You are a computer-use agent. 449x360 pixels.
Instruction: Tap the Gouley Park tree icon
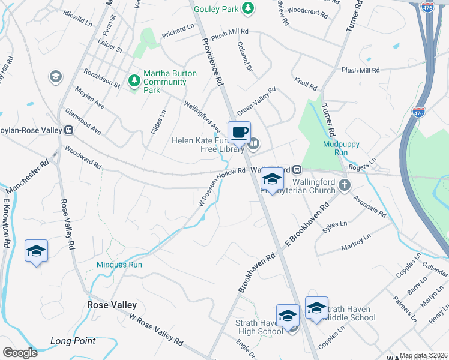coord(247,8)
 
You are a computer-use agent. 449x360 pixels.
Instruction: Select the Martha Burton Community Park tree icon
coord(134,80)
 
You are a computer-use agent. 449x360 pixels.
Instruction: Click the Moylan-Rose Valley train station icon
coord(69,130)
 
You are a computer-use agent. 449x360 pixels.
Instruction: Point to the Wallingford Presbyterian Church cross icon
coord(345,185)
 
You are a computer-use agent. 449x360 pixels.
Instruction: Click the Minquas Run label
coord(119,264)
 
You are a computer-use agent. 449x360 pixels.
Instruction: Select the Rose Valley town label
coord(112,305)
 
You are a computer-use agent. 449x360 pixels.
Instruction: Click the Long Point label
coord(73,341)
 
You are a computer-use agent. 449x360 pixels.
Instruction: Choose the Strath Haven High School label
coord(259,327)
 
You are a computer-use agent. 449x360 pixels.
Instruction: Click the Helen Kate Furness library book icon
coord(254,142)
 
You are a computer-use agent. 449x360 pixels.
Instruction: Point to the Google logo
coord(20,353)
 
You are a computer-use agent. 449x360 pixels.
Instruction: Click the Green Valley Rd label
coord(256,101)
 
